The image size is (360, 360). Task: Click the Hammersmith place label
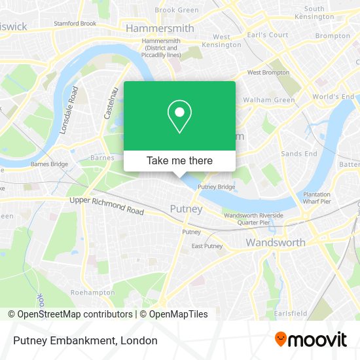pos(160,29)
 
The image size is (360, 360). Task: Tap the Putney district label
pos(186,209)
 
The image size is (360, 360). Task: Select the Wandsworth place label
pos(275,243)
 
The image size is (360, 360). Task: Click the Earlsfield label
pos(291,314)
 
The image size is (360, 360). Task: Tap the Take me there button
pos(179,160)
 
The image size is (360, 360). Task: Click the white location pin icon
pos(179,117)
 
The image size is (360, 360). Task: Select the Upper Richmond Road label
pos(106,206)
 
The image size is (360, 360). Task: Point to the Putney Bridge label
pos(217,187)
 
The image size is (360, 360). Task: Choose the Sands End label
pos(299,154)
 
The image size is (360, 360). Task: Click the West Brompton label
pos(267,73)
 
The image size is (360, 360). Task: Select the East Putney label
pos(207,246)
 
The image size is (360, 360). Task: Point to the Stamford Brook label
pos(75,24)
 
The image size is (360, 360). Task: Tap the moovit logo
pos(310,340)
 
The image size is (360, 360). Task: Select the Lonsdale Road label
pos(68,110)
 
